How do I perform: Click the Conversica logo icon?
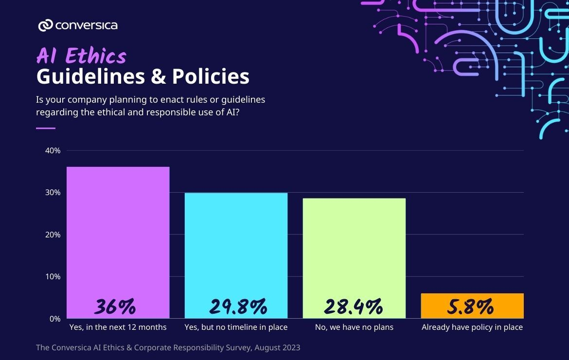45,25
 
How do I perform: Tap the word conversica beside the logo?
86,25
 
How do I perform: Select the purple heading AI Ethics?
81,56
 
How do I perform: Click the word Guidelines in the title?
90,77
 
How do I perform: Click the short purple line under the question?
46,128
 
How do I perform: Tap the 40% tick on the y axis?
53,151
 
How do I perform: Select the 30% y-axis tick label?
53,193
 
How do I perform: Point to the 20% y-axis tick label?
53,234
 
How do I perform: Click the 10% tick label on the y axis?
53,277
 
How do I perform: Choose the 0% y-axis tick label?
54,319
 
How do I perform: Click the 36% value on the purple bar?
115,307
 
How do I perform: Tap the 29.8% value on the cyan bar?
238,307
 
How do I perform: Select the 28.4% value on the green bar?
353,307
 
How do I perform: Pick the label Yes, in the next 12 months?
118,327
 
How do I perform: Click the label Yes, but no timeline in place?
236,327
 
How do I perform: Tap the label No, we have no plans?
354,327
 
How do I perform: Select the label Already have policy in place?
472,327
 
